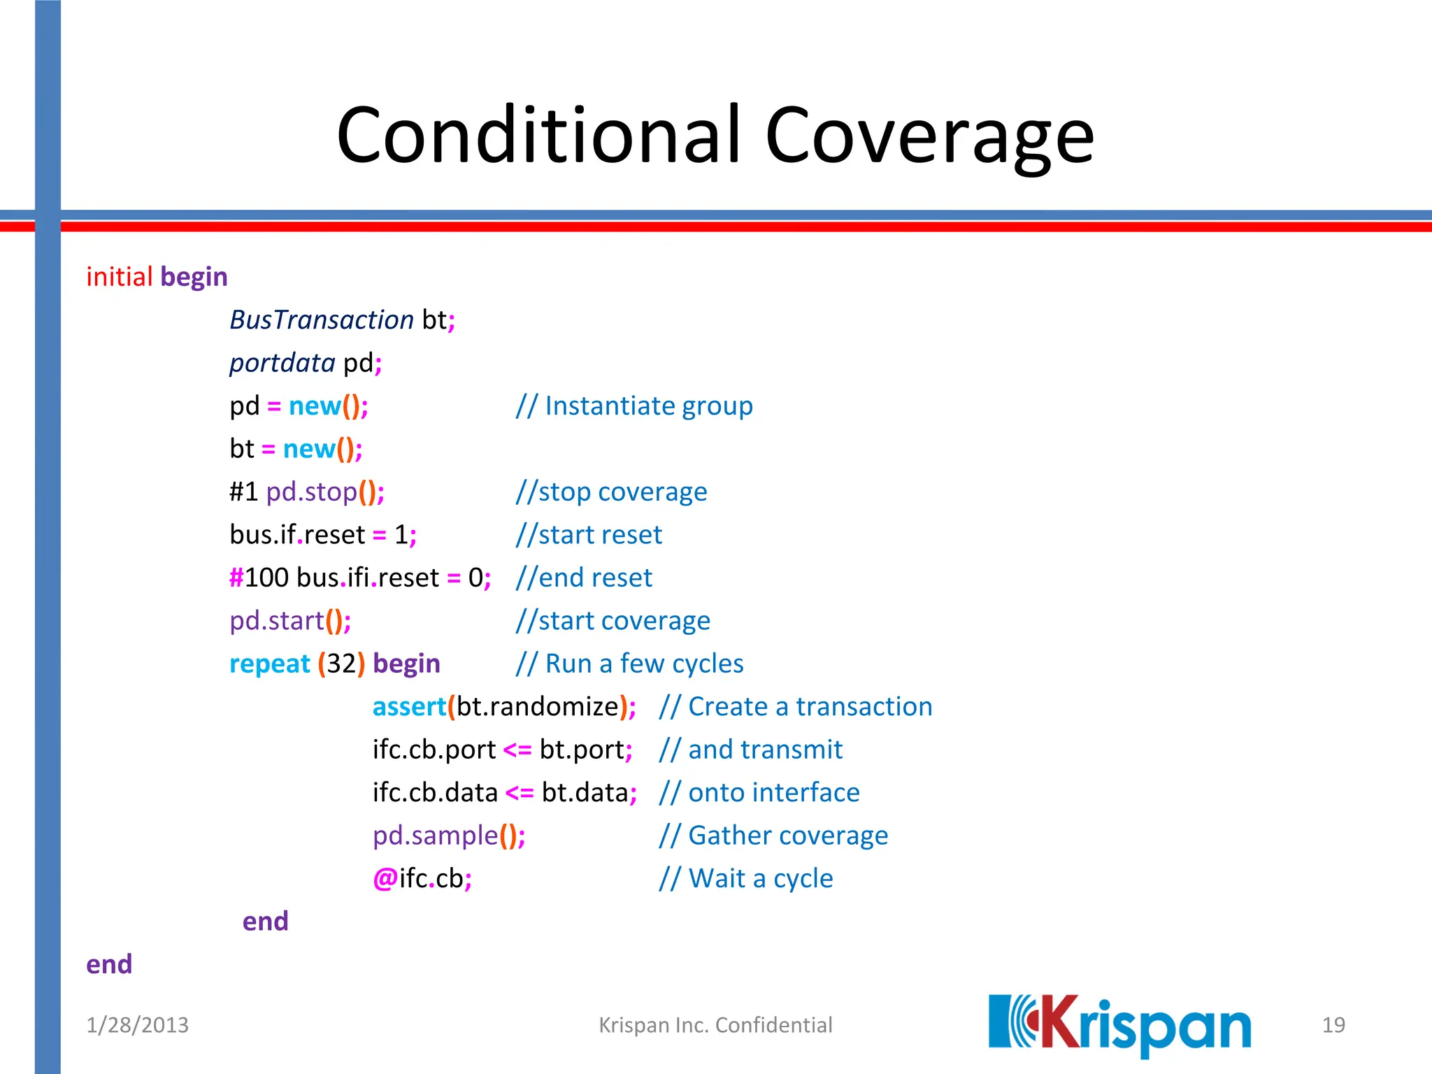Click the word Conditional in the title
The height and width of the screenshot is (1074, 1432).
click(538, 134)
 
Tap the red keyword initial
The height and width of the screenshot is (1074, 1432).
click(119, 277)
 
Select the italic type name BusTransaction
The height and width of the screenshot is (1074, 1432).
click(322, 320)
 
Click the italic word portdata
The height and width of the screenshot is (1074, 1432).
click(282, 363)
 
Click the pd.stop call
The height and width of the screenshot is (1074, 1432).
click(311, 492)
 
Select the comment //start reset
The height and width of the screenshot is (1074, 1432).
click(588, 535)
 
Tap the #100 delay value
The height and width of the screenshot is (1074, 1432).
click(259, 578)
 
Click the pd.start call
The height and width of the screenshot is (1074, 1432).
click(277, 621)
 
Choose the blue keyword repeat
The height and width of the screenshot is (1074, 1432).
click(269, 664)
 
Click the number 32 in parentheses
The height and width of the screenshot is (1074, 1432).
click(341, 664)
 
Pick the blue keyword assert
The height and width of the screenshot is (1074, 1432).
click(409, 707)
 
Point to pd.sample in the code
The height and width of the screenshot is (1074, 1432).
click(435, 836)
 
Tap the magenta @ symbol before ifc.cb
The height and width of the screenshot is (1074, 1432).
click(385, 879)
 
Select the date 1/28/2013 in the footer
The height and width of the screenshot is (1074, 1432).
click(137, 1025)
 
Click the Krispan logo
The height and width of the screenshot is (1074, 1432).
click(1119, 1025)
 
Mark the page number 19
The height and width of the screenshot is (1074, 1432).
click(1333, 1025)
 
